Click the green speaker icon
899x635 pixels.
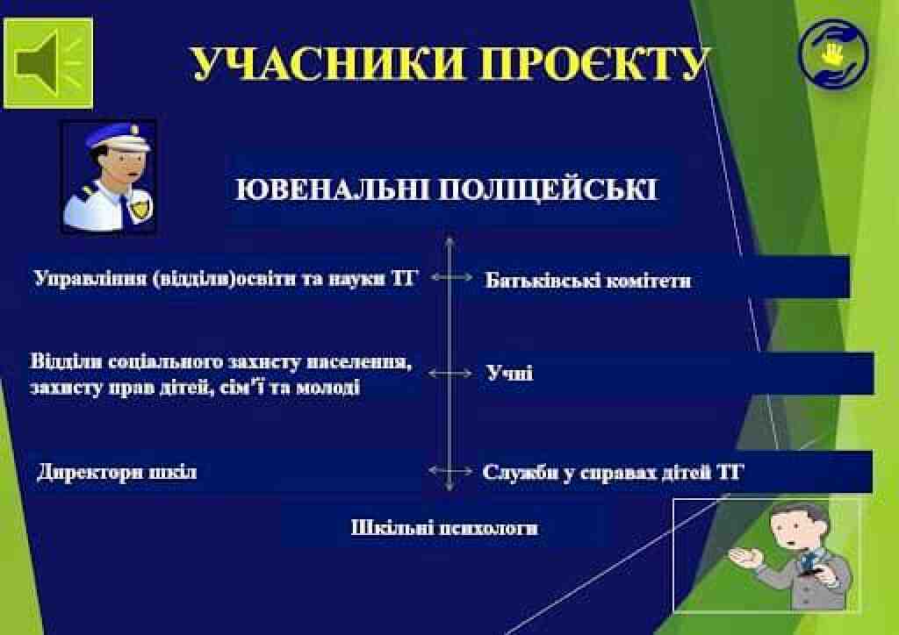(48, 63)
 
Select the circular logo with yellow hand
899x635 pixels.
(833, 54)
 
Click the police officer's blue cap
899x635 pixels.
(117, 136)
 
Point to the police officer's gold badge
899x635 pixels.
(139, 207)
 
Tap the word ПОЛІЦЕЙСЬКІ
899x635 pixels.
(548, 190)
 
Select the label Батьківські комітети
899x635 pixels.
(588, 280)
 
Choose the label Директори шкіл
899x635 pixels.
(117, 473)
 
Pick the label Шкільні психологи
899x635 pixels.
(444, 527)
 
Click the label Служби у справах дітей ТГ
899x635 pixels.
(613, 473)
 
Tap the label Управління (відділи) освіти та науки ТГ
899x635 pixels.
(224, 278)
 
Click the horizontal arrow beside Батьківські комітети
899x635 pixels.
(451, 277)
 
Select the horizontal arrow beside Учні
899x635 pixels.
(450, 374)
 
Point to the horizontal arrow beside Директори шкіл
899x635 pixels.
(450, 471)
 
